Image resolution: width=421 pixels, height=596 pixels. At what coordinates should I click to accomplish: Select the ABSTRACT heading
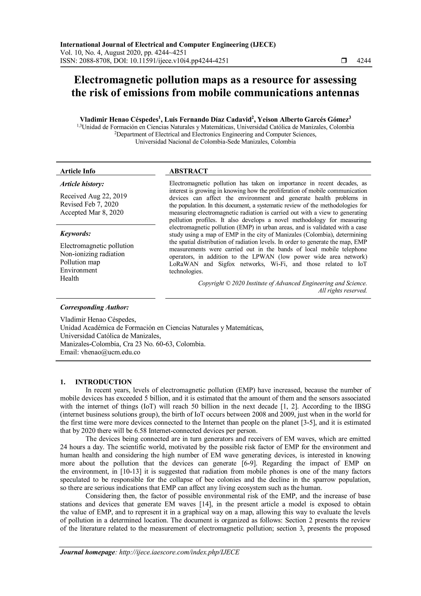[189, 171]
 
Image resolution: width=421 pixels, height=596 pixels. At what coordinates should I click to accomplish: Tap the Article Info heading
[78, 171]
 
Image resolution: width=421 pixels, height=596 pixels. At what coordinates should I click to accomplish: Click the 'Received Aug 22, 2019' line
[94, 196]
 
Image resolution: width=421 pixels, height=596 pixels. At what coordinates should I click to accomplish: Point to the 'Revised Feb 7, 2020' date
[89, 204]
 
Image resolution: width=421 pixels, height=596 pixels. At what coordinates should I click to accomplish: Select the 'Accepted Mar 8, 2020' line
[92, 213]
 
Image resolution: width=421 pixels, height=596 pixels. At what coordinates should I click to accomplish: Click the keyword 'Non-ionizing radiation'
[92, 254]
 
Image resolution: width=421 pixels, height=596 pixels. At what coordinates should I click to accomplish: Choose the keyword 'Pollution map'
[80, 262]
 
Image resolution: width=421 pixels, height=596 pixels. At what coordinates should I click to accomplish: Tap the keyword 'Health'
[69, 278]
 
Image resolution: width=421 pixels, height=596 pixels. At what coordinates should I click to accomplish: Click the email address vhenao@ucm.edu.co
[110, 352]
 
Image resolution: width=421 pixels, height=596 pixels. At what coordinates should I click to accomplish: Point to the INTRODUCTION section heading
[103, 382]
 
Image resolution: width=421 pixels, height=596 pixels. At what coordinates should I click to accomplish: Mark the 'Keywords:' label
[75, 234]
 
